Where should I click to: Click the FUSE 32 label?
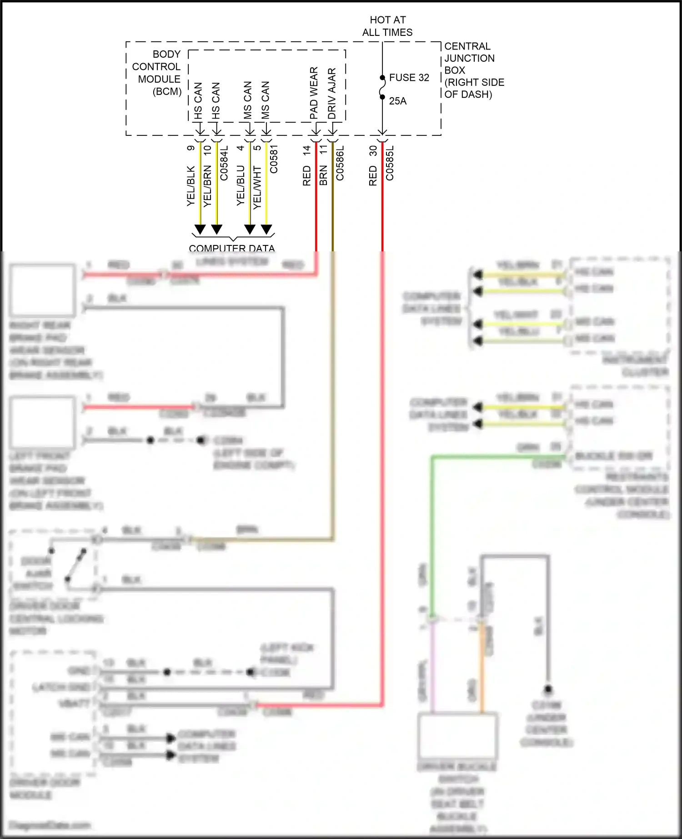[x=409, y=78]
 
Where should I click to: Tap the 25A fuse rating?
[x=397, y=101]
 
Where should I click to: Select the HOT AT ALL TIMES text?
[x=387, y=26]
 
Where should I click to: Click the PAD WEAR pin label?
[x=314, y=93]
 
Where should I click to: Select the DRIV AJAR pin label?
[x=332, y=94]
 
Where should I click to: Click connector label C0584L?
[x=224, y=163]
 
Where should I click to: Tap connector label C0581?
[x=274, y=159]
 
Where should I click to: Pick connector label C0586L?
[x=340, y=163]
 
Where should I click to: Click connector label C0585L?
[x=390, y=163]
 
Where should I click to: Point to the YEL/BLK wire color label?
[x=191, y=186]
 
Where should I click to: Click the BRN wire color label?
[x=323, y=175]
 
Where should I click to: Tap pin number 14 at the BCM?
[x=306, y=149]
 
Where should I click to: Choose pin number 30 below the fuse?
[x=373, y=150]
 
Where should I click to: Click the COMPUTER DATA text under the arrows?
[x=232, y=248]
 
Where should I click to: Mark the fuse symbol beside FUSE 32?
[x=382, y=87]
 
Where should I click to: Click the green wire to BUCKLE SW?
[x=431, y=523]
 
